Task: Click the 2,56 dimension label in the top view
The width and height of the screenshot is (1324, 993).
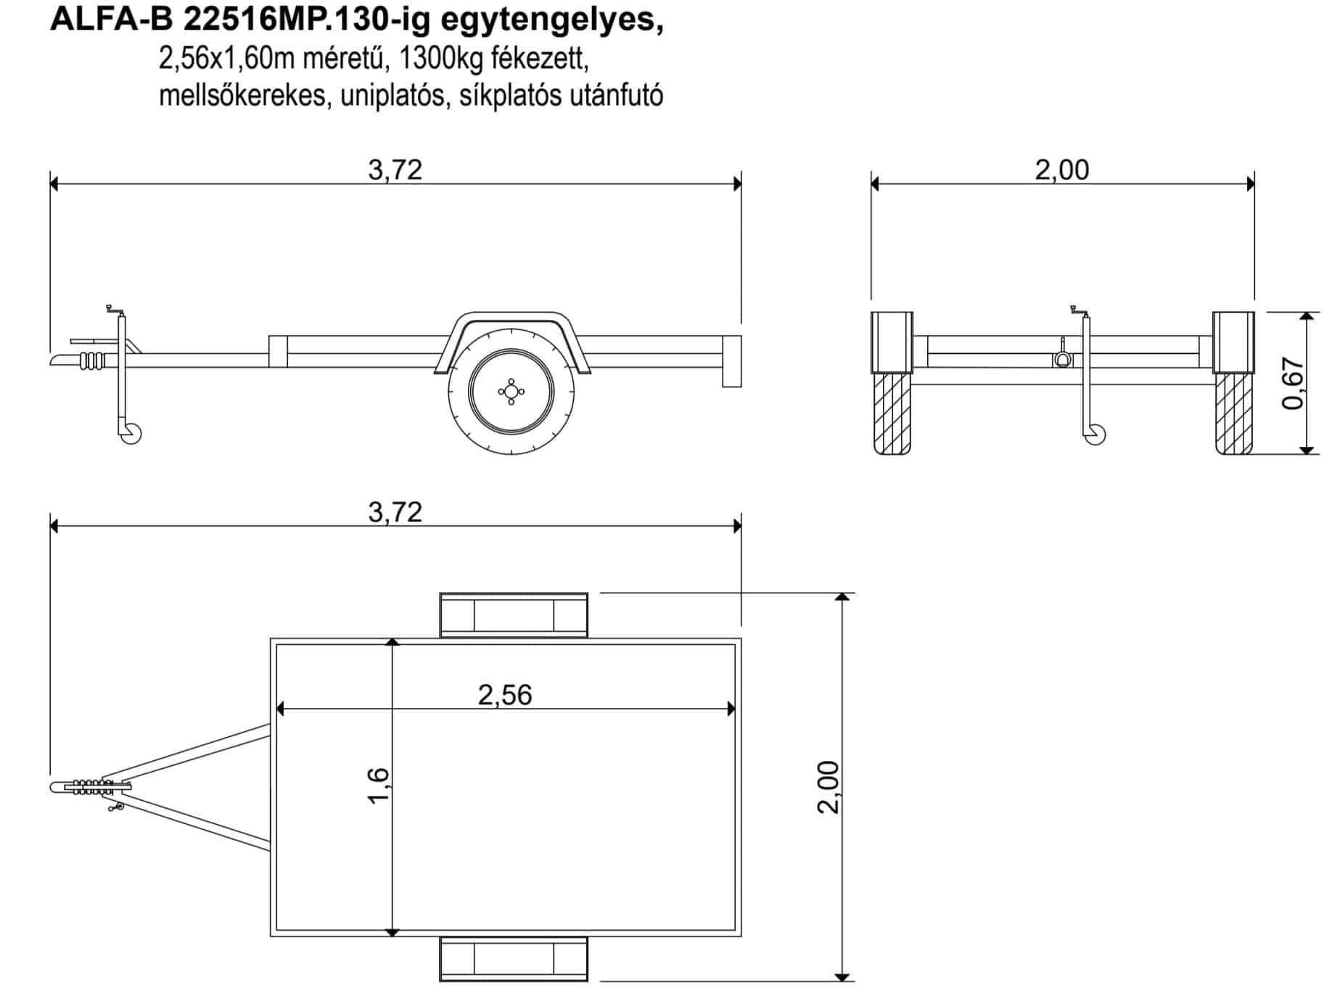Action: click(505, 695)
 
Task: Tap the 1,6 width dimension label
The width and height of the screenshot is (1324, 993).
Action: click(379, 786)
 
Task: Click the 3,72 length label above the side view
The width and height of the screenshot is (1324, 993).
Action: click(395, 170)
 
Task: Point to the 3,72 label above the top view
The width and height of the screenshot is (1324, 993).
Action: click(395, 512)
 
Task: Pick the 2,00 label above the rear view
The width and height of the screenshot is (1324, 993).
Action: click(1061, 170)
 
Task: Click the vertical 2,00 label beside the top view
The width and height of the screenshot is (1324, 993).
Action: click(828, 787)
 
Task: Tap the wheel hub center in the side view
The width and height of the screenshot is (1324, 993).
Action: click(511, 392)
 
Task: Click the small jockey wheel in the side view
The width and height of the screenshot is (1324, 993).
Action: click(131, 434)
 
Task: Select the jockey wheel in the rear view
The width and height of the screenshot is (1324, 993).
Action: click(1095, 434)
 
